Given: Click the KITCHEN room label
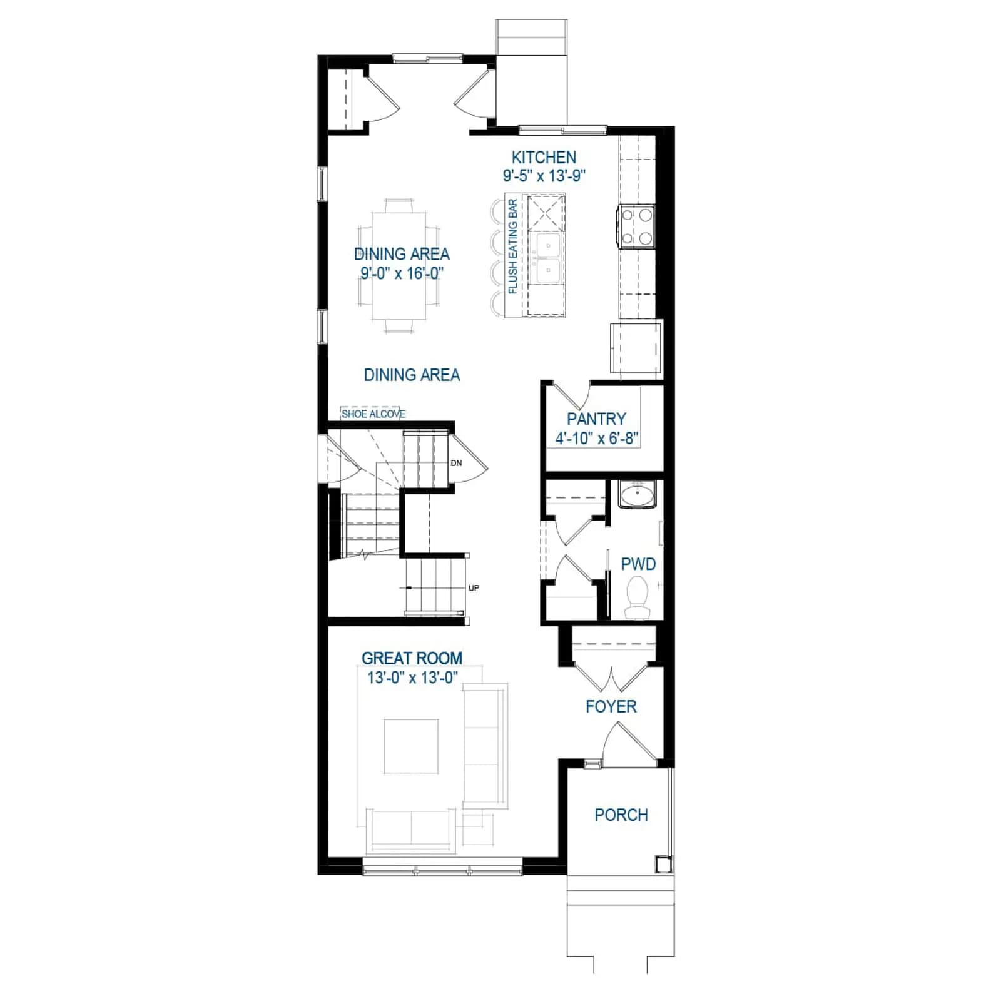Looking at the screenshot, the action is [544, 157].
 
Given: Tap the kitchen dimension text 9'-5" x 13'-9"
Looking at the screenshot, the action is [544, 176].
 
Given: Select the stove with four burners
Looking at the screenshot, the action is [636, 226].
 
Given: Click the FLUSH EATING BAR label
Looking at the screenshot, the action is [513, 246].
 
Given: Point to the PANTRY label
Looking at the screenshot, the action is [596, 419].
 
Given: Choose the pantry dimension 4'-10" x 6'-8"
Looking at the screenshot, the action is [596, 438].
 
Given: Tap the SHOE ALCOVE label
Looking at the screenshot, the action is [373, 414].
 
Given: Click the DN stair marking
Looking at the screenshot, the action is [456, 463].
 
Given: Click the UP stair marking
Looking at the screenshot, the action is [474, 588].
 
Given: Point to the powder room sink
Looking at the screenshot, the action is [637, 494].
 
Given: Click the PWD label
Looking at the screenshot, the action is [638, 564].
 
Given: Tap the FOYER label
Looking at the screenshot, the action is [611, 707].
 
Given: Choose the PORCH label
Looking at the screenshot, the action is [621, 815].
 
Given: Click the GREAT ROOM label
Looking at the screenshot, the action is [412, 658].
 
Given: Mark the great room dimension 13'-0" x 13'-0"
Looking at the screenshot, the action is [412, 678].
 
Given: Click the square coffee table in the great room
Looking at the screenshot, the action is [411, 746].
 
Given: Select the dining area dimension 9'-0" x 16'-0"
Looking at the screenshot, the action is [402, 273].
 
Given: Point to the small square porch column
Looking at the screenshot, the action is [663, 864].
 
